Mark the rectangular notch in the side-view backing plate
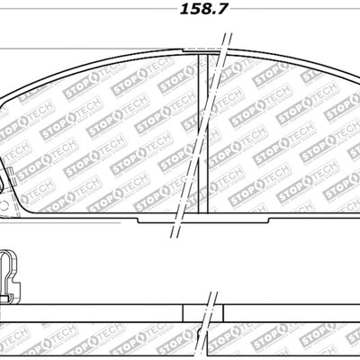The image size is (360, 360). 202,311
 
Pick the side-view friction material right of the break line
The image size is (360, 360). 288,337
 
